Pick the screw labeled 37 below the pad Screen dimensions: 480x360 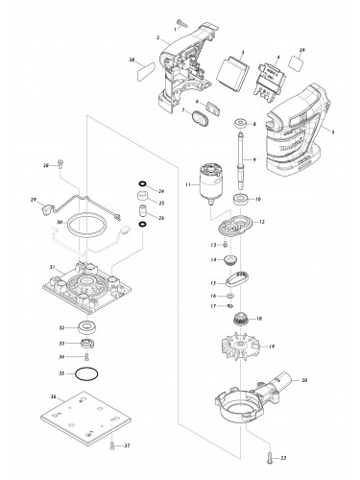(113, 444)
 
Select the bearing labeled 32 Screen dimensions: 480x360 (88, 327)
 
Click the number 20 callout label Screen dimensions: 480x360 (303, 382)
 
